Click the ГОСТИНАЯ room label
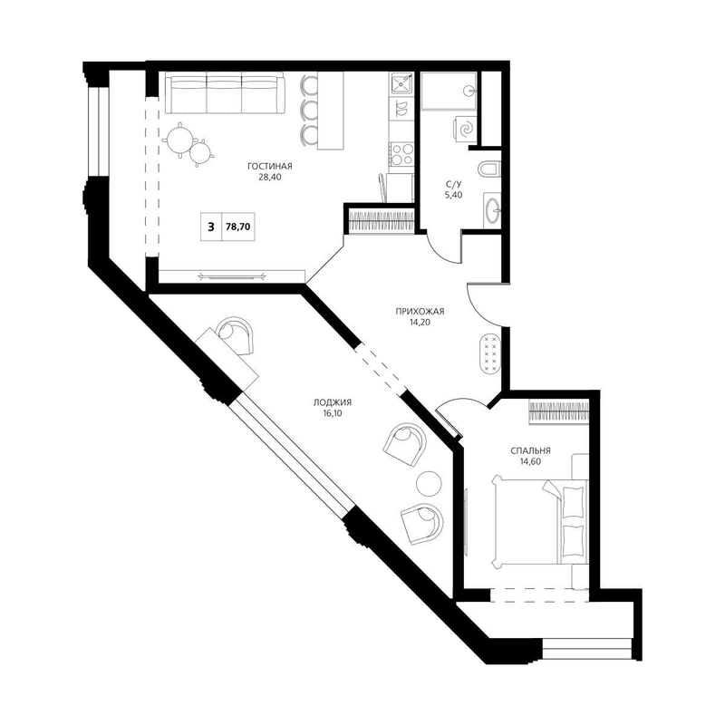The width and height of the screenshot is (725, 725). pos(269,166)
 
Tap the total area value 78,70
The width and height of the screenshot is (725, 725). pos(238,227)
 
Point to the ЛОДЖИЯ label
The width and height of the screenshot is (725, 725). pos(333,402)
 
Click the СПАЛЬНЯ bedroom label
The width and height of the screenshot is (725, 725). pos(530,450)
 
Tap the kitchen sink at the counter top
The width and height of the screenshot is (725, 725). pos(401,84)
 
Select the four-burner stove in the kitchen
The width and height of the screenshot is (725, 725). pos(401,154)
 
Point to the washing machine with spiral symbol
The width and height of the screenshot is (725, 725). pos(465,128)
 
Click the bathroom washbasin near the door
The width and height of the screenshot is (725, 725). pos(492,210)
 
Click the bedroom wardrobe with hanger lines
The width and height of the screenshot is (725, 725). pos(559,411)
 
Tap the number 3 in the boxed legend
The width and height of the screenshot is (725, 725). pos(211,227)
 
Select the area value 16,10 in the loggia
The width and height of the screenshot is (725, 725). pos(333,413)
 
